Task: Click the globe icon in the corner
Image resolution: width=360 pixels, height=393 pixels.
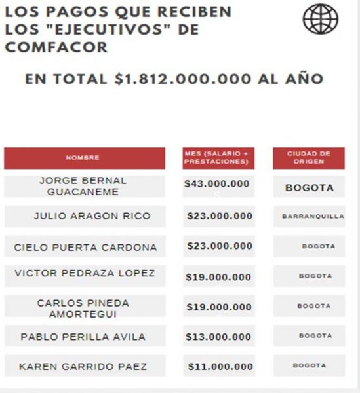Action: tap(321, 19)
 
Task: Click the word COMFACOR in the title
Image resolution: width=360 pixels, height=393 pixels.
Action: tap(56, 47)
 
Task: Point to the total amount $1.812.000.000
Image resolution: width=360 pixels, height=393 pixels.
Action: tap(183, 79)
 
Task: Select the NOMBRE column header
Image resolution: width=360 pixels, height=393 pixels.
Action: tap(85, 158)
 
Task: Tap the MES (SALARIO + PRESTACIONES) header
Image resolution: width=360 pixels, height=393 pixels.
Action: tap(218, 158)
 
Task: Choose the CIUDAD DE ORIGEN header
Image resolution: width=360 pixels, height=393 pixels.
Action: tap(309, 158)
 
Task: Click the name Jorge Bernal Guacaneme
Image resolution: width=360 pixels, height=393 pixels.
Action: tap(83, 186)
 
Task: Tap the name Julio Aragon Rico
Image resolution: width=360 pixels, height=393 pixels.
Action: tap(92, 216)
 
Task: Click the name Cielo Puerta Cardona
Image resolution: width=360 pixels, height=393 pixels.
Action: tap(85, 248)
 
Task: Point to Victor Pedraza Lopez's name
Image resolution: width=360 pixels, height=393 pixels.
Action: tap(85, 273)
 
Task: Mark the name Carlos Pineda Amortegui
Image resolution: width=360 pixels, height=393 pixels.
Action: tap(83, 309)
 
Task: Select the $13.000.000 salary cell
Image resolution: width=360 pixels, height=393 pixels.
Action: tap(218, 337)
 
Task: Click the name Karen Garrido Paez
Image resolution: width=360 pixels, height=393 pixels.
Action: tap(83, 367)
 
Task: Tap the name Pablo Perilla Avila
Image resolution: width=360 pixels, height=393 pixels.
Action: tap(83, 337)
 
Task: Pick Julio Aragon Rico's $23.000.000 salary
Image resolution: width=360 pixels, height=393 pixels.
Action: tap(220, 216)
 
